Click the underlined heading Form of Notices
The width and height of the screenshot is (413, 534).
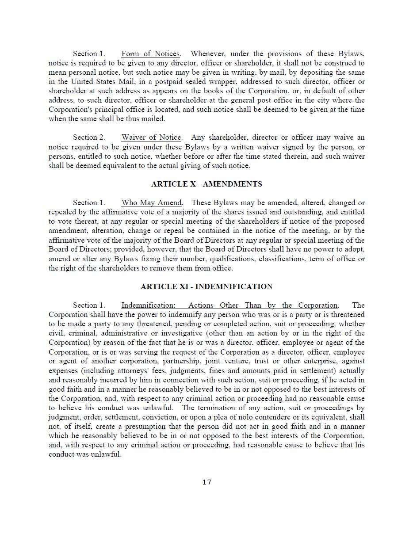point(150,54)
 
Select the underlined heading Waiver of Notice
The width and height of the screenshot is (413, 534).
point(151,137)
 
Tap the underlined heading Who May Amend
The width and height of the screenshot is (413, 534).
point(151,203)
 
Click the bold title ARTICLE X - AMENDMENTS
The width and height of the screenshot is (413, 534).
point(206,184)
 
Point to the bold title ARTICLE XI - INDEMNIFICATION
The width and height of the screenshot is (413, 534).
point(206,287)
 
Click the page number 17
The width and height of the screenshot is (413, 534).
point(207,482)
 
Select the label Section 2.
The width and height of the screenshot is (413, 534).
point(89,137)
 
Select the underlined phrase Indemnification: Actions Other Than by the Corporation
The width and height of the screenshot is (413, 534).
point(229,305)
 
